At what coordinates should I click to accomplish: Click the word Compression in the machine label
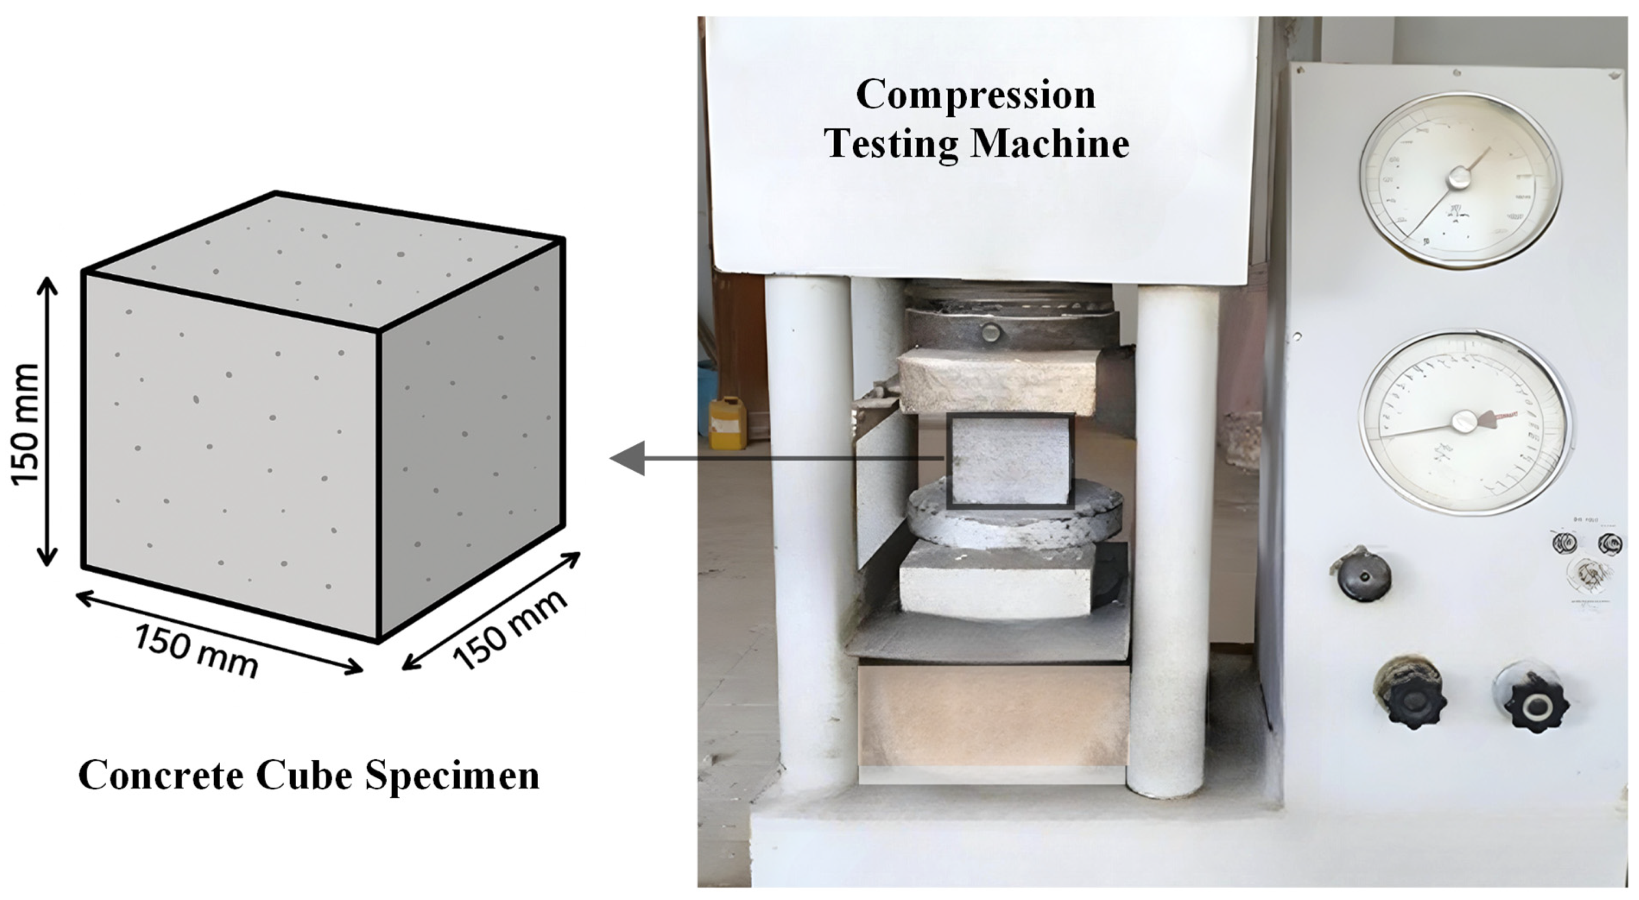(x=975, y=95)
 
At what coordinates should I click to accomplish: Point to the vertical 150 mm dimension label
(x=27, y=424)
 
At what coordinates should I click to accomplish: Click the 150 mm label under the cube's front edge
(x=196, y=650)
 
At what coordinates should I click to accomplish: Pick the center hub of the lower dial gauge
(x=1463, y=422)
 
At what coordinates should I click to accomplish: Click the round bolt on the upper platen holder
(x=990, y=332)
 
